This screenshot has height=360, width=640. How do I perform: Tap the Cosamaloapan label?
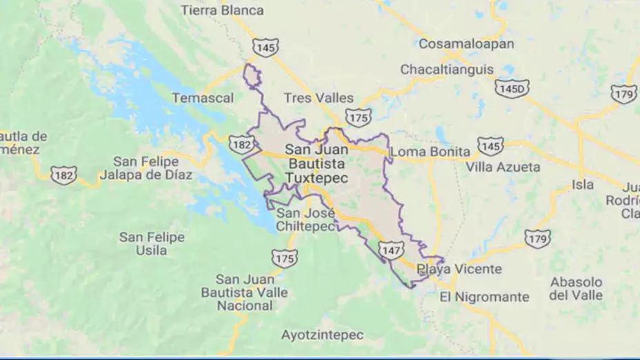[x=466, y=44]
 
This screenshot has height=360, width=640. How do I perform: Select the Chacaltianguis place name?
[x=447, y=70]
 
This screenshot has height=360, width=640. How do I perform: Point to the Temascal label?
[x=203, y=98]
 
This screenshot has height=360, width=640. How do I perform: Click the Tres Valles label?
[x=318, y=98]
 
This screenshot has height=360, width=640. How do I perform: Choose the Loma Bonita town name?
[x=430, y=152]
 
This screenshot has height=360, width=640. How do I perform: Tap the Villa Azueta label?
[x=503, y=167]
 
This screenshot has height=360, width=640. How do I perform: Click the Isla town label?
[x=582, y=185]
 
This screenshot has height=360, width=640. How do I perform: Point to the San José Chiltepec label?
[x=305, y=219]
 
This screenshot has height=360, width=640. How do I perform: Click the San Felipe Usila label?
[x=152, y=243]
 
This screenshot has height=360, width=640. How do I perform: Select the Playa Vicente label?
[x=459, y=269]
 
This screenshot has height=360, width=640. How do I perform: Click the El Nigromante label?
[x=484, y=297]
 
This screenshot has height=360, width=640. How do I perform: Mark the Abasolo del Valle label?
[x=576, y=288]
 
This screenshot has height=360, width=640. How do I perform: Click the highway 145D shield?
[x=512, y=88]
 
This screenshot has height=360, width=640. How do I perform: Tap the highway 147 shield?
[x=391, y=250]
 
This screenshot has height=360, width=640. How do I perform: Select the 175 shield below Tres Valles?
[x=359, y=117]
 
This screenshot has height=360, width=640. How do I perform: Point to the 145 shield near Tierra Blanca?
[x=266, y=48]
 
